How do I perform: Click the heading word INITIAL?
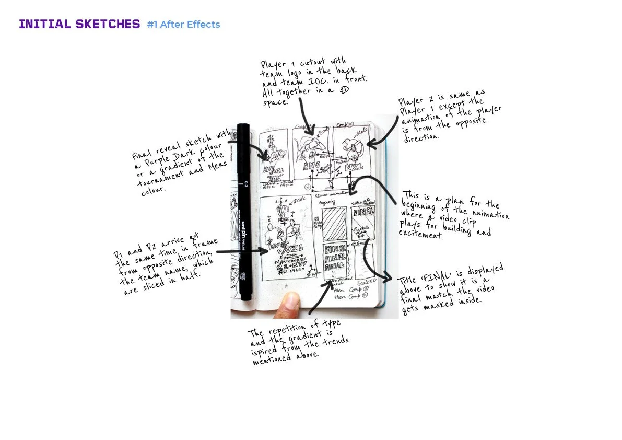pos(44,24)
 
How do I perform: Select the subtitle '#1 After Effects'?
pos(183,25)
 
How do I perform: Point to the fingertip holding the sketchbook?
pos(288,305)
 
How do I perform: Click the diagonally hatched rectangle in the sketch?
pos(333,223)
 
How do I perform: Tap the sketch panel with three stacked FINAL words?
pos(334,259)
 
